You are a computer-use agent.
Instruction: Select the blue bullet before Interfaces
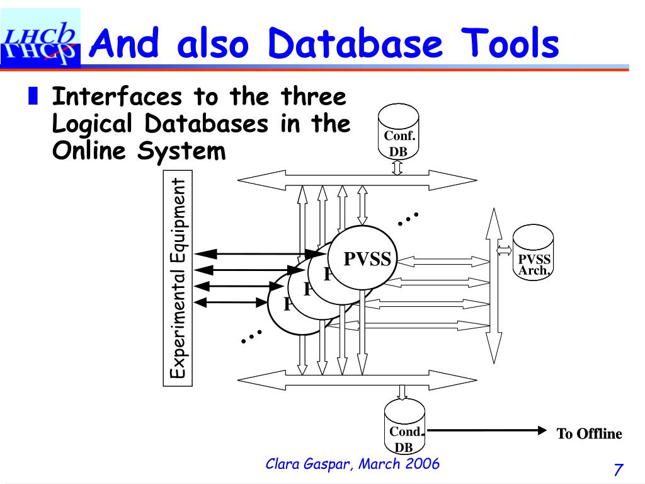point(33,96)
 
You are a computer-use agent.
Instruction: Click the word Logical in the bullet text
point(92,124)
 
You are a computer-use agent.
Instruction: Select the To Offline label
point(589,434)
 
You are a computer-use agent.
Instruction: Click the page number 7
point(618,470)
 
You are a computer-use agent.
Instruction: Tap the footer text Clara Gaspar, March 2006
point(353,464)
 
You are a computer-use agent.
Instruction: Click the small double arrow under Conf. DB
point(397,166)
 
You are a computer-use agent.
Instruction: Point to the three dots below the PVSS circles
point(251,336)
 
